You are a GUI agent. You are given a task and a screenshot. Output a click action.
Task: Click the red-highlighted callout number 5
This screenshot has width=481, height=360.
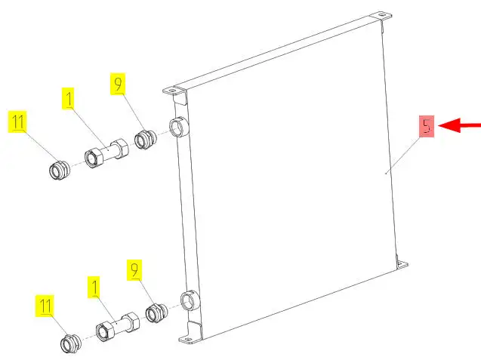coord(427,126)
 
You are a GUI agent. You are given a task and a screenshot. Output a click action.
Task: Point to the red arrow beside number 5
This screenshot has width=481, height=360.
coord(460,125)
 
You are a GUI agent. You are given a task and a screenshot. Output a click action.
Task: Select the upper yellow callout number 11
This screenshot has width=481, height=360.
coord(18,122)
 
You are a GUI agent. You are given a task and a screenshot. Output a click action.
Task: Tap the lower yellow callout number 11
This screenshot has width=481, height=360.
coord(45,306)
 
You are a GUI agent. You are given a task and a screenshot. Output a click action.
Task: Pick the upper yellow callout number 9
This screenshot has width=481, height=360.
coord(118,84)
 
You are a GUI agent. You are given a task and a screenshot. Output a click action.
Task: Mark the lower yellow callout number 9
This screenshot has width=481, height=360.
coord(134,270)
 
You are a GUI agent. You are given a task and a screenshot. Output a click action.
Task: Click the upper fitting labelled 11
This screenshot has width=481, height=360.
coord(59,170)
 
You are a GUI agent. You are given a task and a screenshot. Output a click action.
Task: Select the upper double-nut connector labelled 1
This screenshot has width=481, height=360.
coord(106,153)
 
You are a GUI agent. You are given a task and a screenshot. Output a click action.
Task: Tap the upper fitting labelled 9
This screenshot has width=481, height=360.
coord(146,140)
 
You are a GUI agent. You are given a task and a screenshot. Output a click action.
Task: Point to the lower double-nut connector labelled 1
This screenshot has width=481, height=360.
coord(118,327)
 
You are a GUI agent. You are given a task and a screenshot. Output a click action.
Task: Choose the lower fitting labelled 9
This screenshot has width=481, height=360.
coord(156,312)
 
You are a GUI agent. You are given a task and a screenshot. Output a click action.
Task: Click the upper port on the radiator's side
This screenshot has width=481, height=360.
coord(178,127)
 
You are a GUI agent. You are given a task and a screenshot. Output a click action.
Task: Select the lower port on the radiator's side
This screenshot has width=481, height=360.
coord(190,300)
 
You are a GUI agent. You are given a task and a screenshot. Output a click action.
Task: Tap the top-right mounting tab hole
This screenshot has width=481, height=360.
coord(381,15)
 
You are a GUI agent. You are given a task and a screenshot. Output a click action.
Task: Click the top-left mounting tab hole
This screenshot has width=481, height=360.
coord(171,91)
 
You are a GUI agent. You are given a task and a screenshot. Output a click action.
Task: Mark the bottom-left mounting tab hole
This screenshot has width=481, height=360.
coord(188,340)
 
